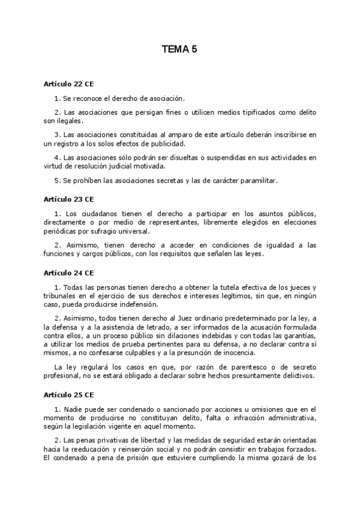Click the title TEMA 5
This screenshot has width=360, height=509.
pos(179,51)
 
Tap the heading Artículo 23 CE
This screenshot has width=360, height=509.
pos(68,198)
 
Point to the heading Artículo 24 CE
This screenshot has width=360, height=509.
pos(68,273)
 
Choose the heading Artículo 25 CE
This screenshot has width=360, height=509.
pos(68,396)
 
